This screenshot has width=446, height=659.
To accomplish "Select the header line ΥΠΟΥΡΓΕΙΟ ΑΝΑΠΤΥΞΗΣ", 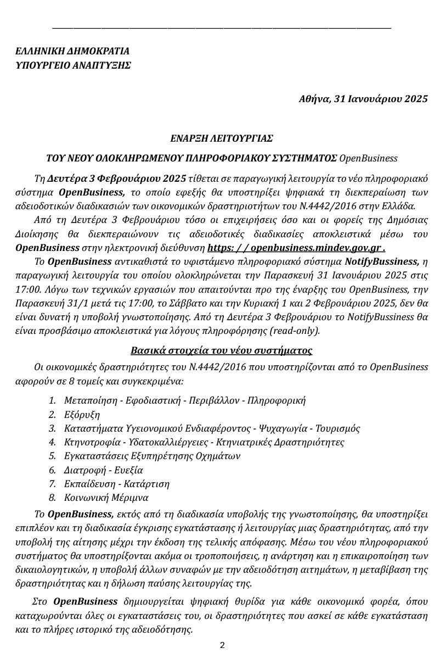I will (x=73, y=65).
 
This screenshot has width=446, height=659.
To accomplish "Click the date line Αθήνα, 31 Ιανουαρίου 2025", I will (x=363, y=99).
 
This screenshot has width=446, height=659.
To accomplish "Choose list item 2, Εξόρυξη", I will (x=82, y=414).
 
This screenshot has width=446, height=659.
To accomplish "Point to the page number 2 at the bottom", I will (x=222, y=644).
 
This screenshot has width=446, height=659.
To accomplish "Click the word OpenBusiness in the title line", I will (x=368, y=159).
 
